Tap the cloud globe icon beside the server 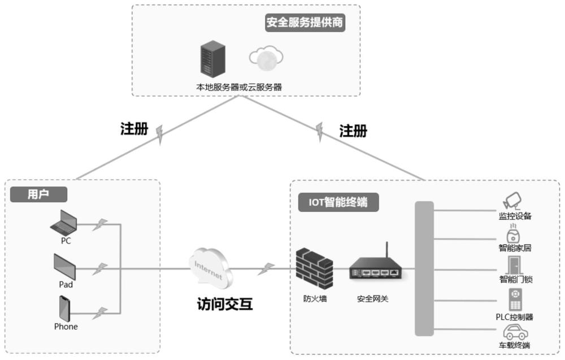(266, 58)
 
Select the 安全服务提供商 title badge (305, 23)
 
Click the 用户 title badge (38, 194)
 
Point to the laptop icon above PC (64, 223)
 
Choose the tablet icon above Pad (65, 266)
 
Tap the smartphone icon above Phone (65, 309)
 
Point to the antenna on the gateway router (386, 250)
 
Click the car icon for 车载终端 (514, 332)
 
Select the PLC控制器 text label (514, 317)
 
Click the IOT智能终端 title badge (338, 202)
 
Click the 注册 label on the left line (134, 129)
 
